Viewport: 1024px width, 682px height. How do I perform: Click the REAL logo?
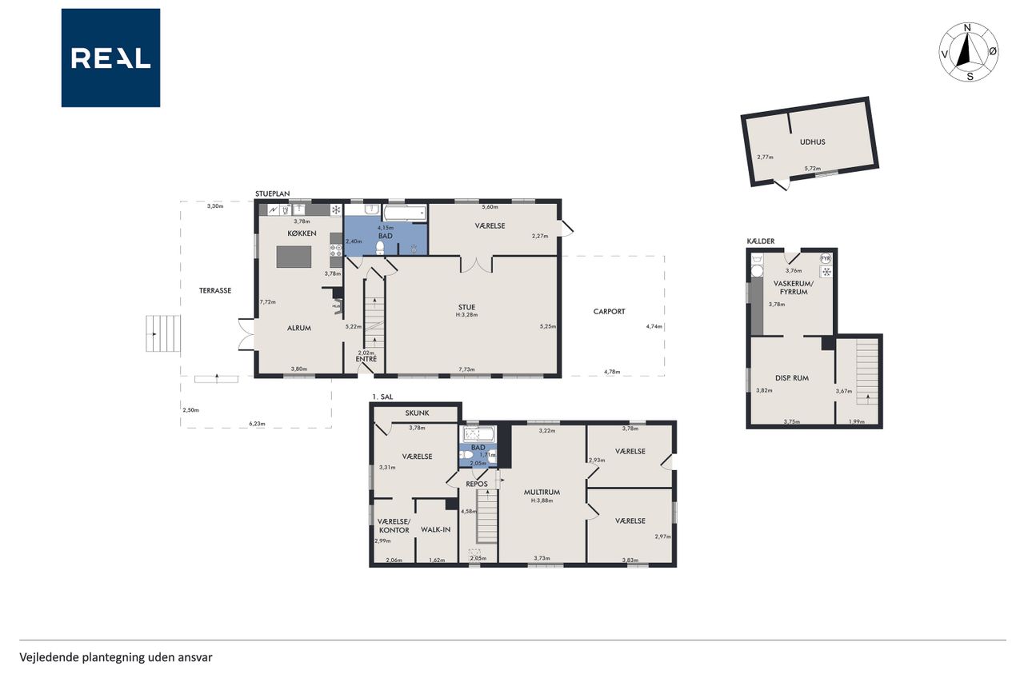pyautogui.click(x=110, y=58)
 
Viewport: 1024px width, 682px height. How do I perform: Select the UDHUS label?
pyautogui.click(x=812, y=142)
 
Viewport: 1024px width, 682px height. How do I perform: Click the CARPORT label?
pyautogui.click(x=609, y=312)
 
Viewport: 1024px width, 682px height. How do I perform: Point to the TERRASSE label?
pyautogui.click(x=215, y=290)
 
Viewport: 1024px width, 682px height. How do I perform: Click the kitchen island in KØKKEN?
pyautogui.click(x=294, y=257)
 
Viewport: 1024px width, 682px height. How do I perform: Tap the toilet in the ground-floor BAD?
pyautogui.click(x=380, y=248)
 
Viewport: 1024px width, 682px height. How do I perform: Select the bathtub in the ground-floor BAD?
pyautogui.click(x=405, y=213)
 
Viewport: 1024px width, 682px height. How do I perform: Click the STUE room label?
pyautogui.click(x=466, y=308)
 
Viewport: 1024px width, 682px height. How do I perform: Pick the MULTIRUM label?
pyautogui.click(x=542, y=493)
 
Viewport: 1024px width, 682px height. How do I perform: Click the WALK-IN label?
pyautogui.click(x=436, y=530)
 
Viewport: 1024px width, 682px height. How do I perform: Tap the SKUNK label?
pyautogui.click(x=417, y=413)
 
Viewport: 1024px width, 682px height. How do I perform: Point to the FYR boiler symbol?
pyautogui.click(x=825, y=258)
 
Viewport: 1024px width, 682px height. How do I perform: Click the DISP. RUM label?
pyautogui.click(x=792, y=378)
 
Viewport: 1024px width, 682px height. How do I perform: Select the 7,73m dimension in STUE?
pyautogui.click(x=466, y=369)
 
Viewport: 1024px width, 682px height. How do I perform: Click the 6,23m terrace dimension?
pyautogui.click(x=257, y=424)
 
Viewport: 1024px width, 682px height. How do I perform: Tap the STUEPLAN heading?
pyautogui.click(x=272, y=193)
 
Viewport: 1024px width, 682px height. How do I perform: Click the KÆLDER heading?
pyautogui.click(x=760, y=241)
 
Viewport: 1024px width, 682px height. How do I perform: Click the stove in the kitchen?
pyautogui.click(x=336, y=250)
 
